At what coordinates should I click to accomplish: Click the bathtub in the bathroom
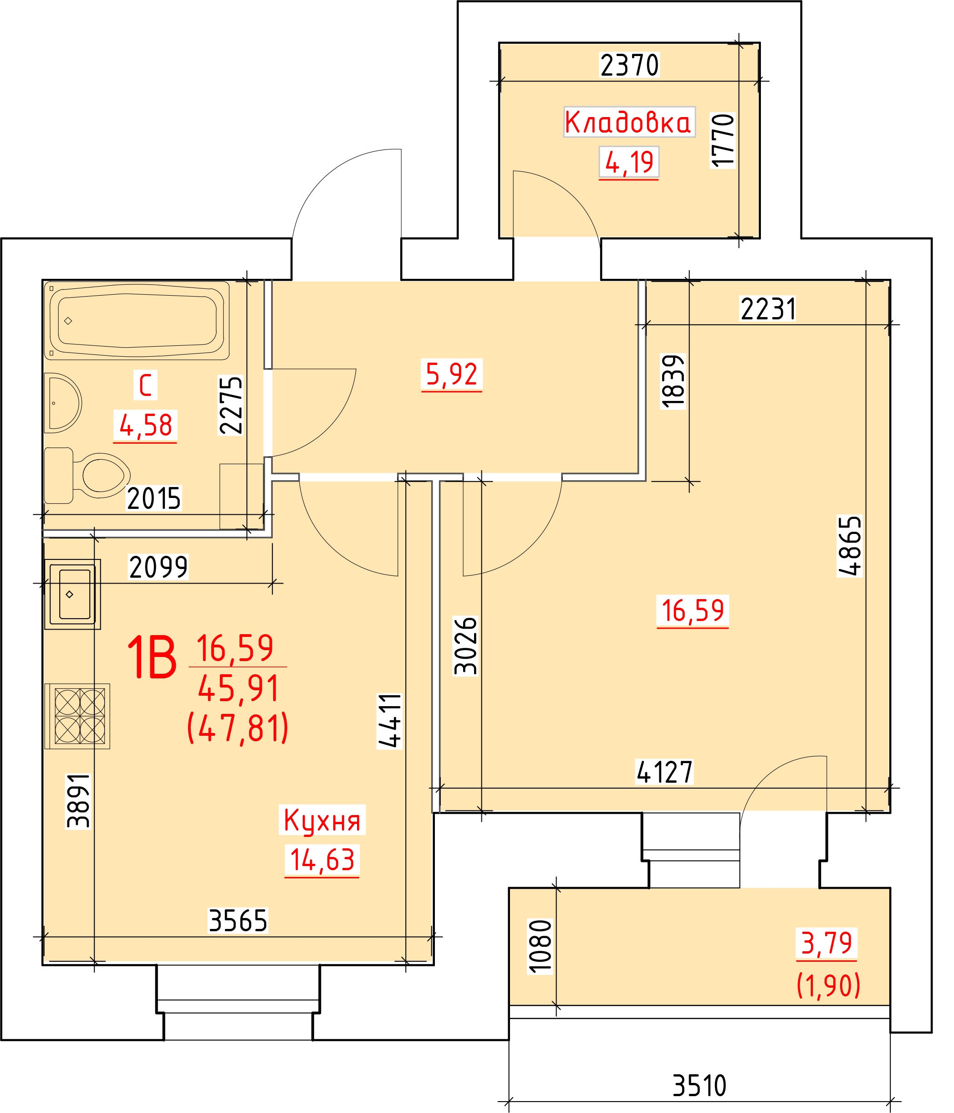pos(138,320)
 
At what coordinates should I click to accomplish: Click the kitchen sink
pos(72,594)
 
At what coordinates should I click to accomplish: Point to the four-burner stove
pos(77,716)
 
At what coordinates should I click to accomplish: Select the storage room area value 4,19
pos(629,162)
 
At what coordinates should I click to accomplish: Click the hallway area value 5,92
pos(451,374)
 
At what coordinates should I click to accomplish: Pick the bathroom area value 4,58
pos(145,425)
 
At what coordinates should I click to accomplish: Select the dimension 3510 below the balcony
pos(699,1086)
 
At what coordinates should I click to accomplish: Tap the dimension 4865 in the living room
pos(850,546)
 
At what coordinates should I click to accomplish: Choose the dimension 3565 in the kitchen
pos(238,920)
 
